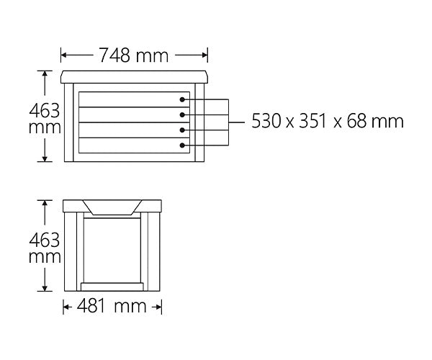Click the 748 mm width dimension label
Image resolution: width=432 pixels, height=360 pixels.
tap(135, 55)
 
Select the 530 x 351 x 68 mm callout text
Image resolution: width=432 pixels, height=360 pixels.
tap(328, 121)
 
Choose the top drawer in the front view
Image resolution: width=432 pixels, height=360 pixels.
tap(133, 99)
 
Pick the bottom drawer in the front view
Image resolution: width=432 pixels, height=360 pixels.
tap(133, 145)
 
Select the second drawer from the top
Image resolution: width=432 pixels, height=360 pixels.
tap(133, 114)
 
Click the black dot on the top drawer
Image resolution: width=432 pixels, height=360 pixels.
tap(184, 100)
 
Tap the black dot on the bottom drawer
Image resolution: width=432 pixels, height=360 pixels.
tap(184, 146)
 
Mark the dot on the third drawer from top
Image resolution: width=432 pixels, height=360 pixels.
tap(184, 130)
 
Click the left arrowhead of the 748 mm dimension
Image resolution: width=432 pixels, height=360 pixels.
tap(64, 55)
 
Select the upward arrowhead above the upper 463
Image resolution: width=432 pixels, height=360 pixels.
tap(46, 73)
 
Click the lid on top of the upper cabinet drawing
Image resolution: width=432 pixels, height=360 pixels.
tap(135, 76)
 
